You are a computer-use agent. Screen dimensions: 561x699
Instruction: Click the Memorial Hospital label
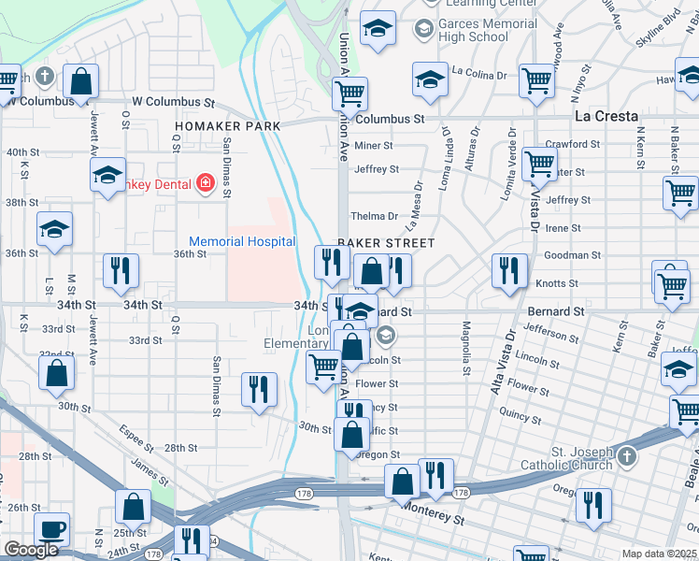pos(242,241)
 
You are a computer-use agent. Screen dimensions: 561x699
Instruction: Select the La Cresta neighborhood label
pos(606,117)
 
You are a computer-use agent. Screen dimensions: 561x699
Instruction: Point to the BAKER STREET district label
pos(386,243)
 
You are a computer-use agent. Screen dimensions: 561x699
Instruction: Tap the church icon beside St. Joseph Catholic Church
pos(626,458)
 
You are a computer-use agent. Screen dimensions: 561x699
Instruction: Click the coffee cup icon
pos(51,530)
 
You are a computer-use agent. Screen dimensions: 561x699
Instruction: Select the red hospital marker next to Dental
pos(206,183)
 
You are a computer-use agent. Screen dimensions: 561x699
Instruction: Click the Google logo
pos(31,550)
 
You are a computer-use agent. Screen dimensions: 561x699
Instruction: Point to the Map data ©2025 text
pos(659,554)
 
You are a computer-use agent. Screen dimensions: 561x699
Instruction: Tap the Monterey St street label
pos(433,518)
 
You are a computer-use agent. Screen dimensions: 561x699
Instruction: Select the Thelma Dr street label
pos(374,216)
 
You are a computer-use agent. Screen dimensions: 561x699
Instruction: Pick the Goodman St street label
pos(572,254)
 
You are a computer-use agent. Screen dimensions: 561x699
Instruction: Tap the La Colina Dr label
pos(478,71)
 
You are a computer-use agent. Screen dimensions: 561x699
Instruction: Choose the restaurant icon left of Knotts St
pos(509,271)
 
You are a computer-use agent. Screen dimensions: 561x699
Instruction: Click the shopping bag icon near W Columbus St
pos(81,81)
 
